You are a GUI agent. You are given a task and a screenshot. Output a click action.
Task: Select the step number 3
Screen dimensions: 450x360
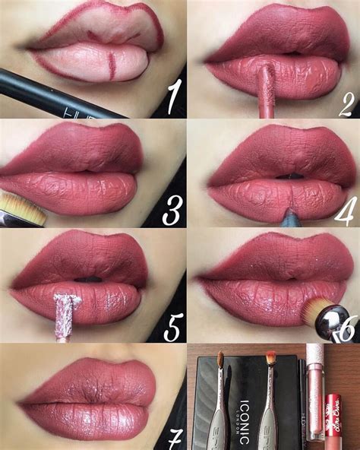(x=172, y=211)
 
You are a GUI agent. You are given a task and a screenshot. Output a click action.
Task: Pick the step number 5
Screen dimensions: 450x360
(x=173, y=328)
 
